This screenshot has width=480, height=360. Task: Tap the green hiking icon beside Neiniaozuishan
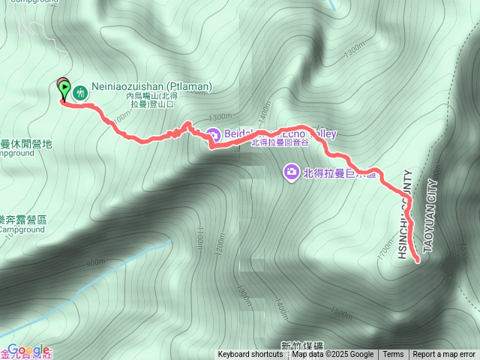pyautogui.click(x=80, y=93)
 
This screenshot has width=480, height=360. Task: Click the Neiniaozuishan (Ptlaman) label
pyautogui.click(x=153, y=87)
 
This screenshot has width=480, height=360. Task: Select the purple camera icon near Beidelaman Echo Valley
pyautogui.click(x=212, y=135)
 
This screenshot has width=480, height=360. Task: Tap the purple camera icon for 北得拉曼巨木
pyautogui.click(x=290, y=172)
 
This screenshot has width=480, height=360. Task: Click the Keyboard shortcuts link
pyautogui.click(x=250, y=355)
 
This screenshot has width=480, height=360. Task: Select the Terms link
pyautogui.click(x=393, y=355)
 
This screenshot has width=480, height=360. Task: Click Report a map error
pyautogui.click(x=444, y=355)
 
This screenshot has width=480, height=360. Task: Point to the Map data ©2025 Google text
pyautogui.click(x=332, y=355)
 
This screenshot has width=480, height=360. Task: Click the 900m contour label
pyautogui.click(x=96, y=262)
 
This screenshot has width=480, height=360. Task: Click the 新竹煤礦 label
pyautogui.click(x=299, y=345)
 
